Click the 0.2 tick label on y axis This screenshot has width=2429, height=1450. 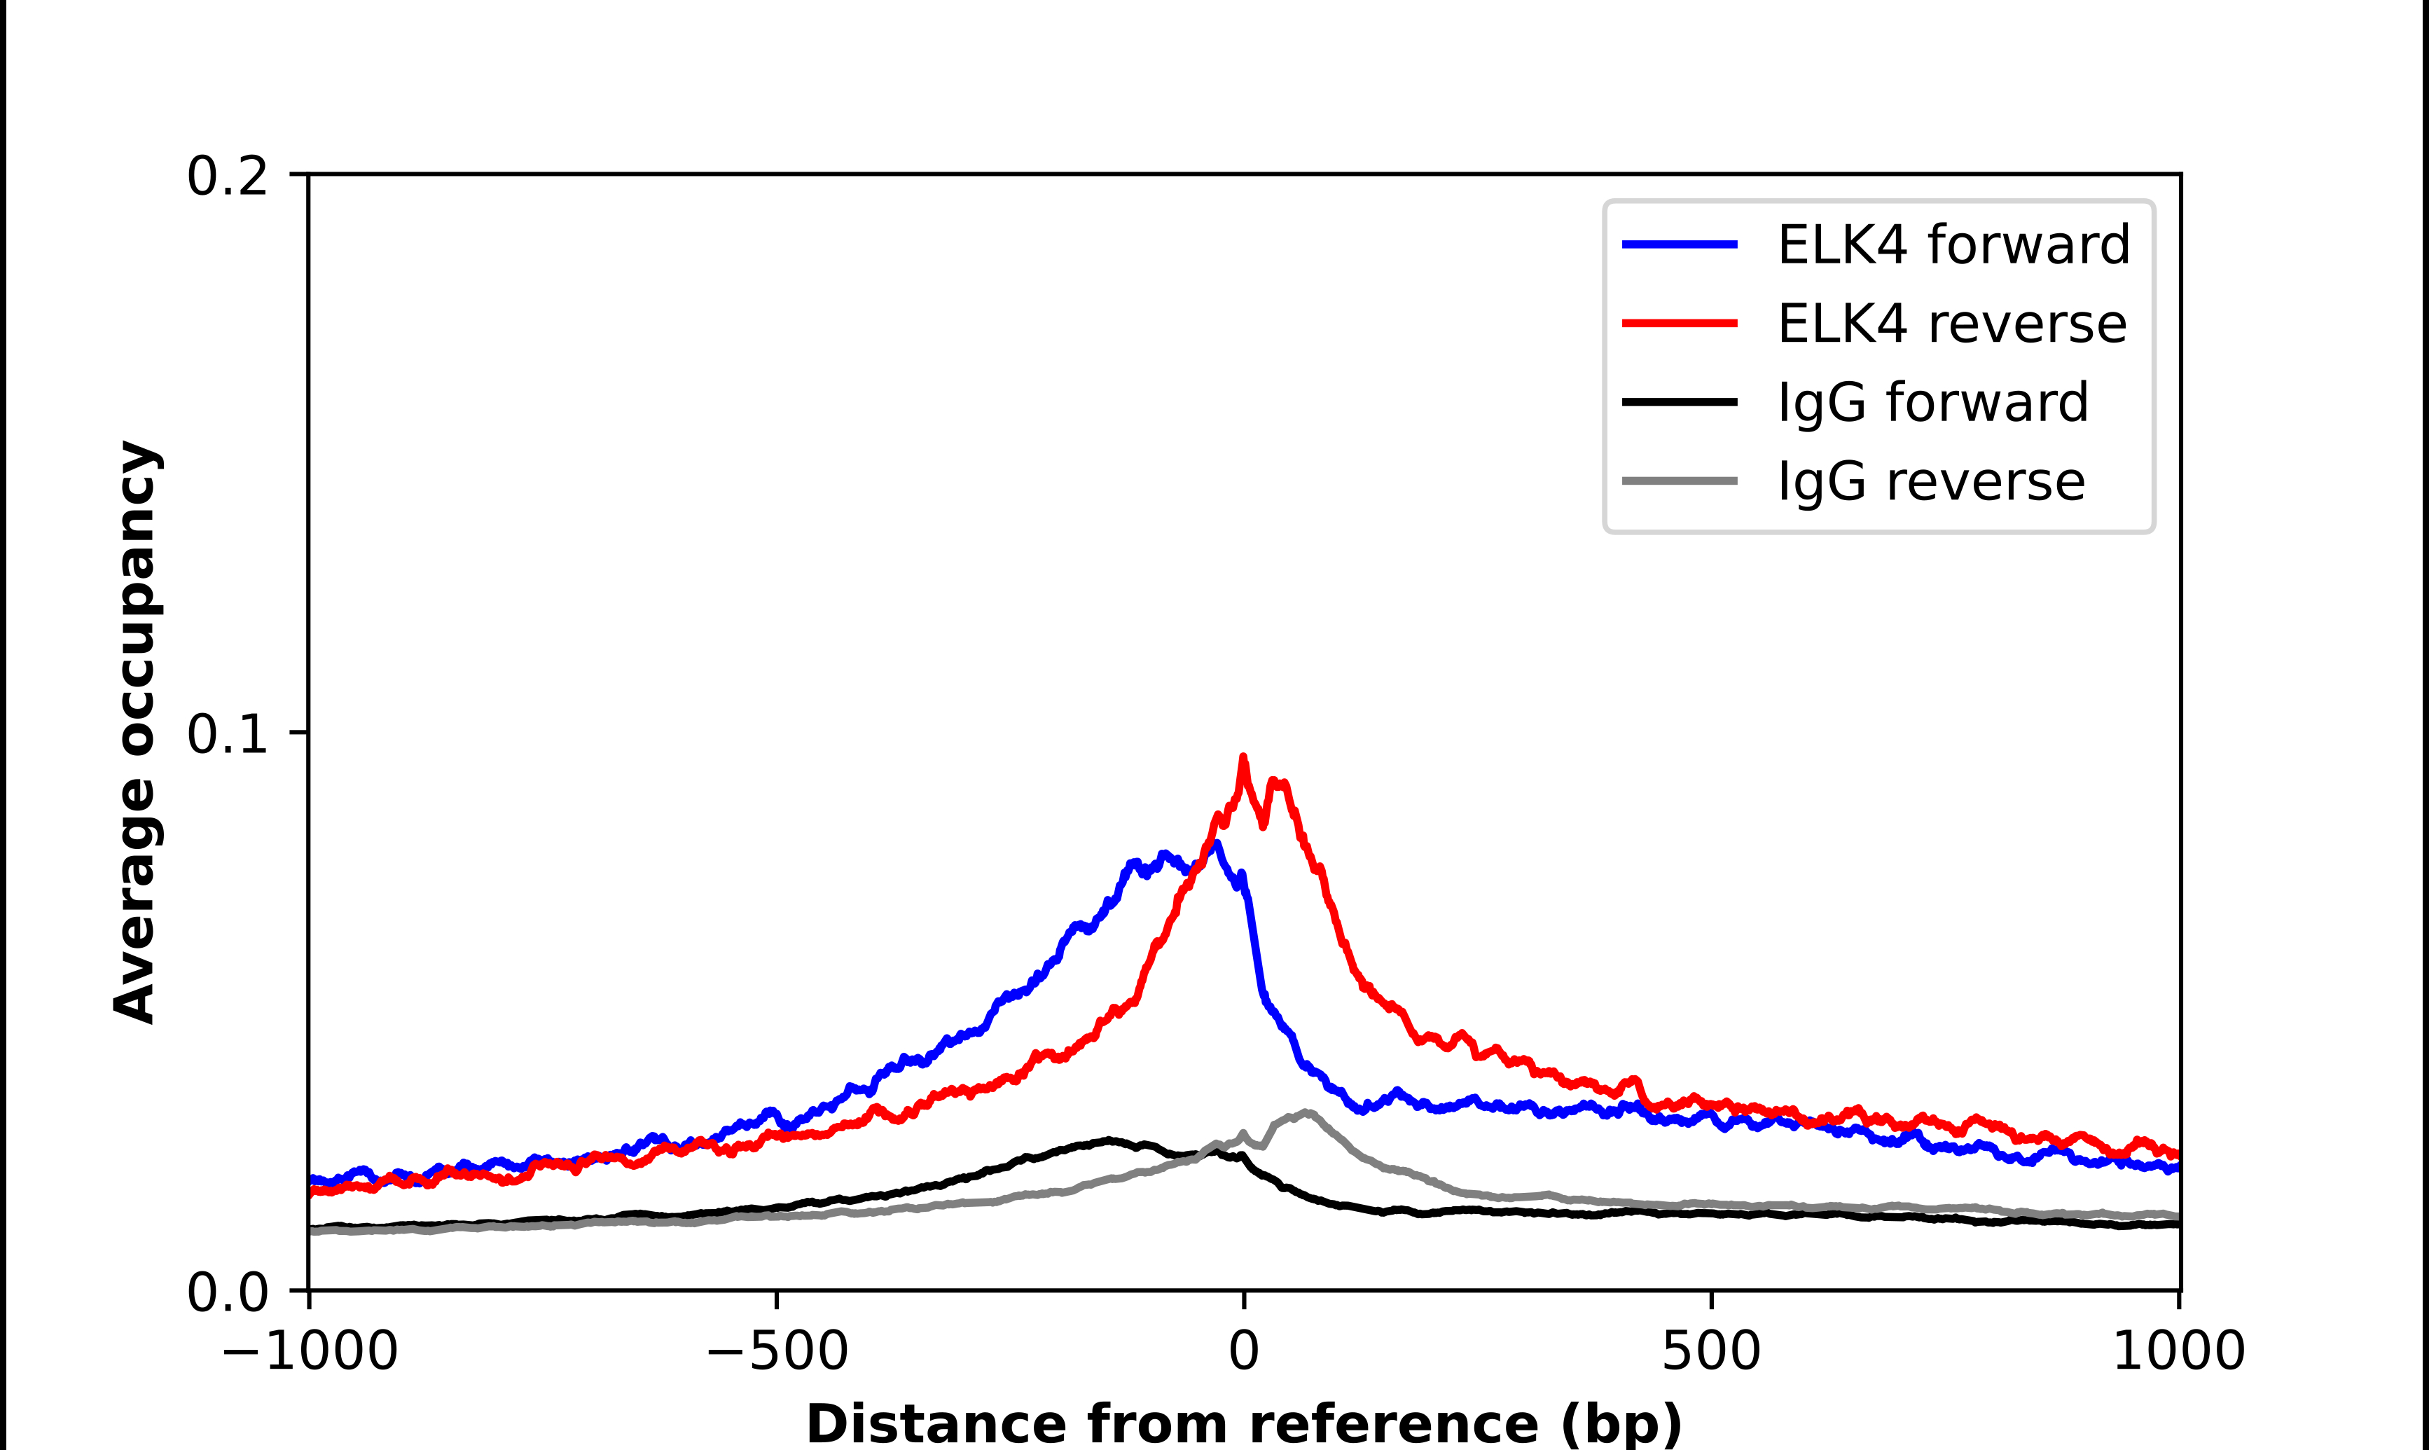pyautogui.click(x=227, y=177)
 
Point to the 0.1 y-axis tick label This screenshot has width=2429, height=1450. pyautogui.click(x=227, y=734)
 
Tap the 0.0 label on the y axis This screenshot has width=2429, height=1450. pyautogui.click(x=227, y=1292)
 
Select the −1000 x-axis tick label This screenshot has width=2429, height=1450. pyautogui.click(x=310, y=1351)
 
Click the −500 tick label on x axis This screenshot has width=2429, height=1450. pyautogui.click(x=777, y=1351)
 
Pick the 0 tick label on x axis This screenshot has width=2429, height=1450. pyautogui.click(x=1243, y=1351)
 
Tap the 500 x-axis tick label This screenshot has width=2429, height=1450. pyautogui.click(x=1711, y=1351)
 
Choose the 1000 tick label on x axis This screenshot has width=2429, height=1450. pyautogui.click(x=2178, y=1351)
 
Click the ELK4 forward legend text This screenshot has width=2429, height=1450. pyautogui.click(x=1953, y=244)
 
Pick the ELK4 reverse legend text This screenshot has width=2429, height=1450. pyautogui.click(x=1951, y=324)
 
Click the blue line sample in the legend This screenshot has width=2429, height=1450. pyautogui.click(x=1679, y=244)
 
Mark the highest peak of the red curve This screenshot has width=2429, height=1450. pyautogui.click(x=1243, y=757)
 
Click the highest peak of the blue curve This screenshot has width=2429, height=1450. pyautogui.click(x=1216, y=843)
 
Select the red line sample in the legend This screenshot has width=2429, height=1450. pyautogui.click(x=1679, y=324)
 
